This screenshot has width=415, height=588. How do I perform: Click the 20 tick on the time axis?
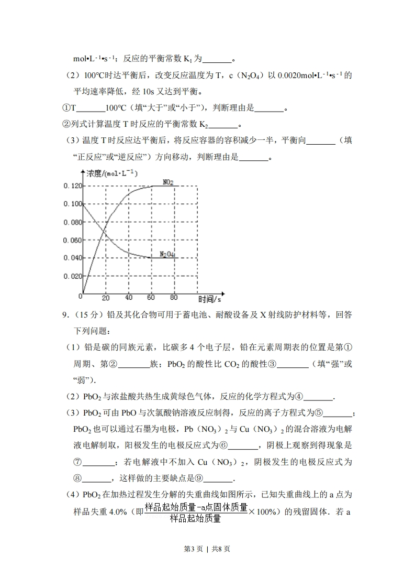[106, 298]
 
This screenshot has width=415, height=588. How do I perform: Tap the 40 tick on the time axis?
[129, 298]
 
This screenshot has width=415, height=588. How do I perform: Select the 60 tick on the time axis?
[151, 298]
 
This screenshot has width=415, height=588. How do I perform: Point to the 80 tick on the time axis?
[174, 298]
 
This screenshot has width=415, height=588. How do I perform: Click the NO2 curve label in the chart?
[168, 182]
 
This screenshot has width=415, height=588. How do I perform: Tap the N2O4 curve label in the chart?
[167, 255]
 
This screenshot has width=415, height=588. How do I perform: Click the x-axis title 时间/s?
[209, 299]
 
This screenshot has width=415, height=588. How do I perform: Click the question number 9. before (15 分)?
[66, 315]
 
